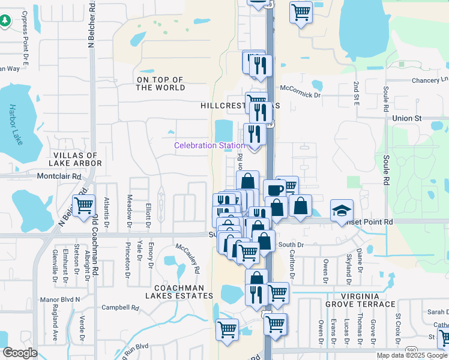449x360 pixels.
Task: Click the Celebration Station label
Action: click(209, 146)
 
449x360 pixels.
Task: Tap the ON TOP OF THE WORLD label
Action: click(160, 83)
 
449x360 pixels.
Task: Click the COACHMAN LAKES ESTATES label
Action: click(179, 292)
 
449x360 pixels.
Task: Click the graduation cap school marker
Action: click(342, 210)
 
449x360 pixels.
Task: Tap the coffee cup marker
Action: click(275, 190)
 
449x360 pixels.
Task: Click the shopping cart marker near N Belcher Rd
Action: click(83, 205)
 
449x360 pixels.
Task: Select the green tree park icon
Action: click(5, 21)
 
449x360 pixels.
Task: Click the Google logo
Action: click(19, 353)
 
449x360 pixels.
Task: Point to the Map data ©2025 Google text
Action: click(412, 355)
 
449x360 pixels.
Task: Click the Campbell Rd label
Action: click(120, 308)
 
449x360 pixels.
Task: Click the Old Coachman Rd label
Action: click(94, 247)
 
